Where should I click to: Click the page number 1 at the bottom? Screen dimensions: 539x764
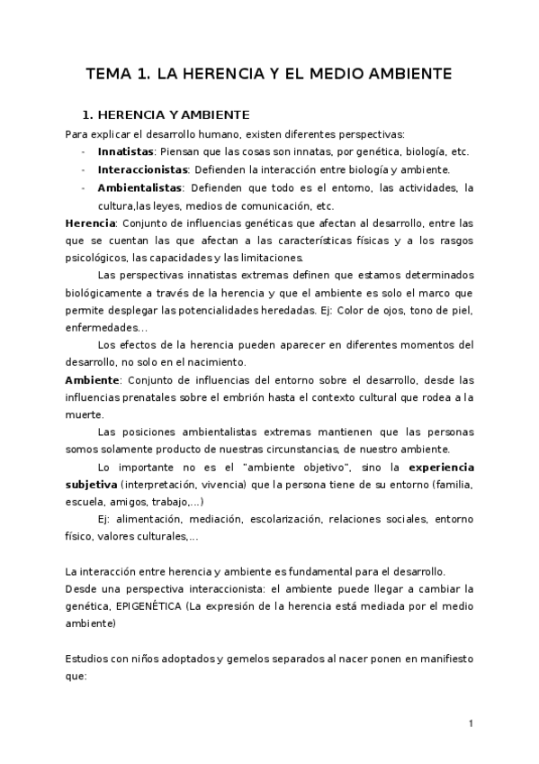click(x=470, y=723)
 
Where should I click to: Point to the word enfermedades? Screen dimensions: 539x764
click(x=101, y=328)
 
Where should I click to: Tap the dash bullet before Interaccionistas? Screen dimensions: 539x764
click(x=84, y=169)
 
